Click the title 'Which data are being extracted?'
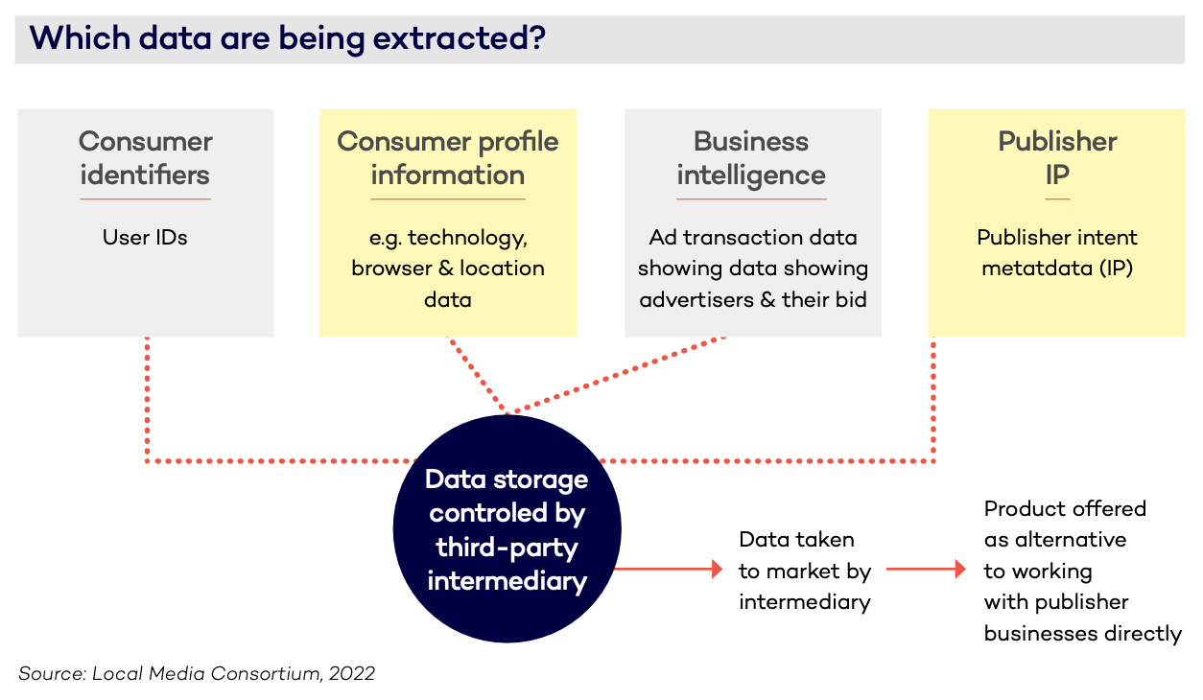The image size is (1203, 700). (288, 38)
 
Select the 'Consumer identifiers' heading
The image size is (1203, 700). (145, 158)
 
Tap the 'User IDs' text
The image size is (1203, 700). (145, 237)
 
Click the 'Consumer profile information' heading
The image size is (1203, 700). (447, 158)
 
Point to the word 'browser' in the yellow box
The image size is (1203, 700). (391, 268)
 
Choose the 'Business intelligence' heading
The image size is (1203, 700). (751, 158)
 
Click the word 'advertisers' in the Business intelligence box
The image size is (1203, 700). (696, 299)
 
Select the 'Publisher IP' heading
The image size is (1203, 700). (1057, 158)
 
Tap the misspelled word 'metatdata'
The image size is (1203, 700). (1037, 268)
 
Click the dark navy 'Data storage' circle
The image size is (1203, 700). (507, 528)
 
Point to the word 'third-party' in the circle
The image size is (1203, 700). (507, 548)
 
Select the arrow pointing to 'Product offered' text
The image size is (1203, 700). (927, 569)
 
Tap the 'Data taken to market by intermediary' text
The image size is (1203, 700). (805, 571)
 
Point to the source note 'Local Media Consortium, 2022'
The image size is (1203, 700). (234, 673)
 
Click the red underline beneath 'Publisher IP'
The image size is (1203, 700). (1057, 199)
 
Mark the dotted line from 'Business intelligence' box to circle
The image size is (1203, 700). (618, 375)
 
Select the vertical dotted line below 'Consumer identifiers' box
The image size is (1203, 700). (147, 400)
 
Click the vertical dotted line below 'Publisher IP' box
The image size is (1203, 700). (933, 400)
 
